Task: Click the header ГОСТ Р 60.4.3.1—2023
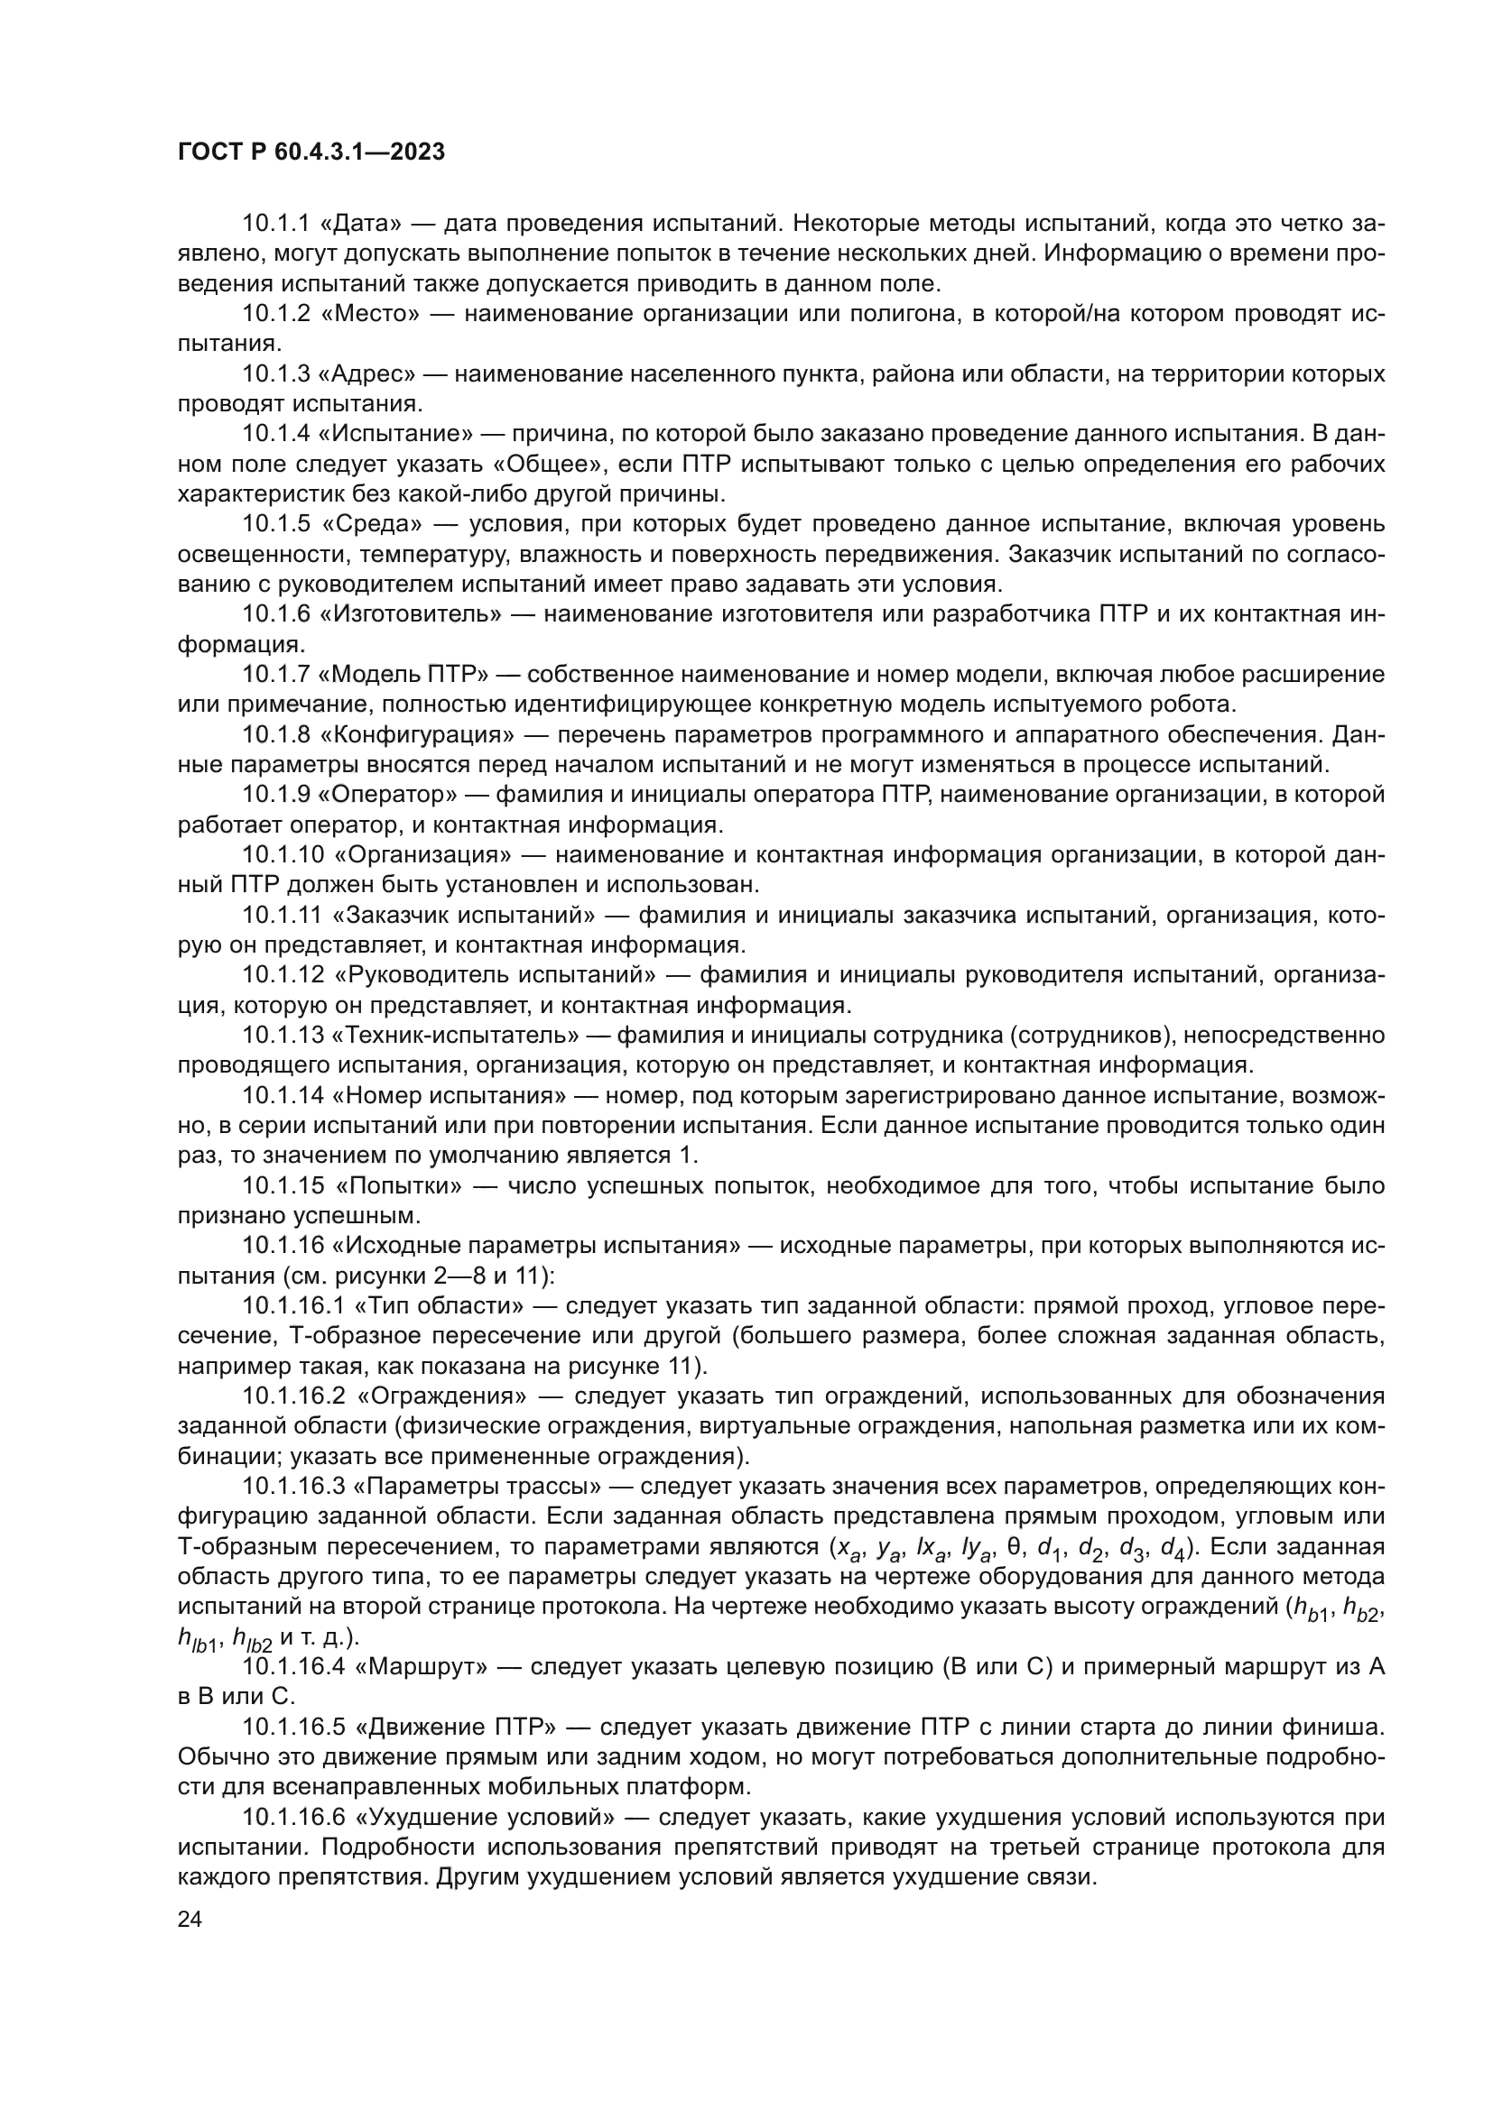click(x=311, y=152)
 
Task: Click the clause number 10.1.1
click(x=276, y=224)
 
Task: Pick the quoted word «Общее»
click(x=547, y=464)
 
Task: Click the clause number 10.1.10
click(x=283, y=854)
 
